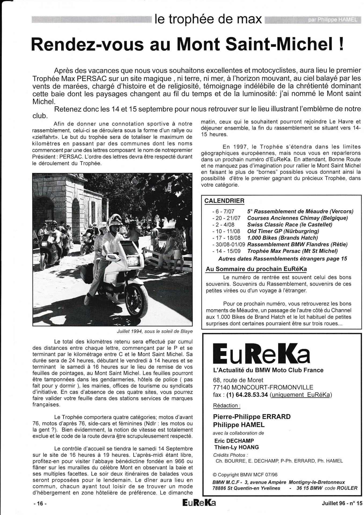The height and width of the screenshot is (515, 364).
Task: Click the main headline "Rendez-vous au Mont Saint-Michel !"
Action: coord(187,44)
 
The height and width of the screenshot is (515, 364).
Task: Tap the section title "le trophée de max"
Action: coord(208,19)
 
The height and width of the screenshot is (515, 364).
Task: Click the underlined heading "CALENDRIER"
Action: coord(224,201)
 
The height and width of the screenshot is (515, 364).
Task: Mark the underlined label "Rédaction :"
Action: coord(226,406)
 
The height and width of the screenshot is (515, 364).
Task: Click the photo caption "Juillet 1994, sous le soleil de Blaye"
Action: coord(155,331)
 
